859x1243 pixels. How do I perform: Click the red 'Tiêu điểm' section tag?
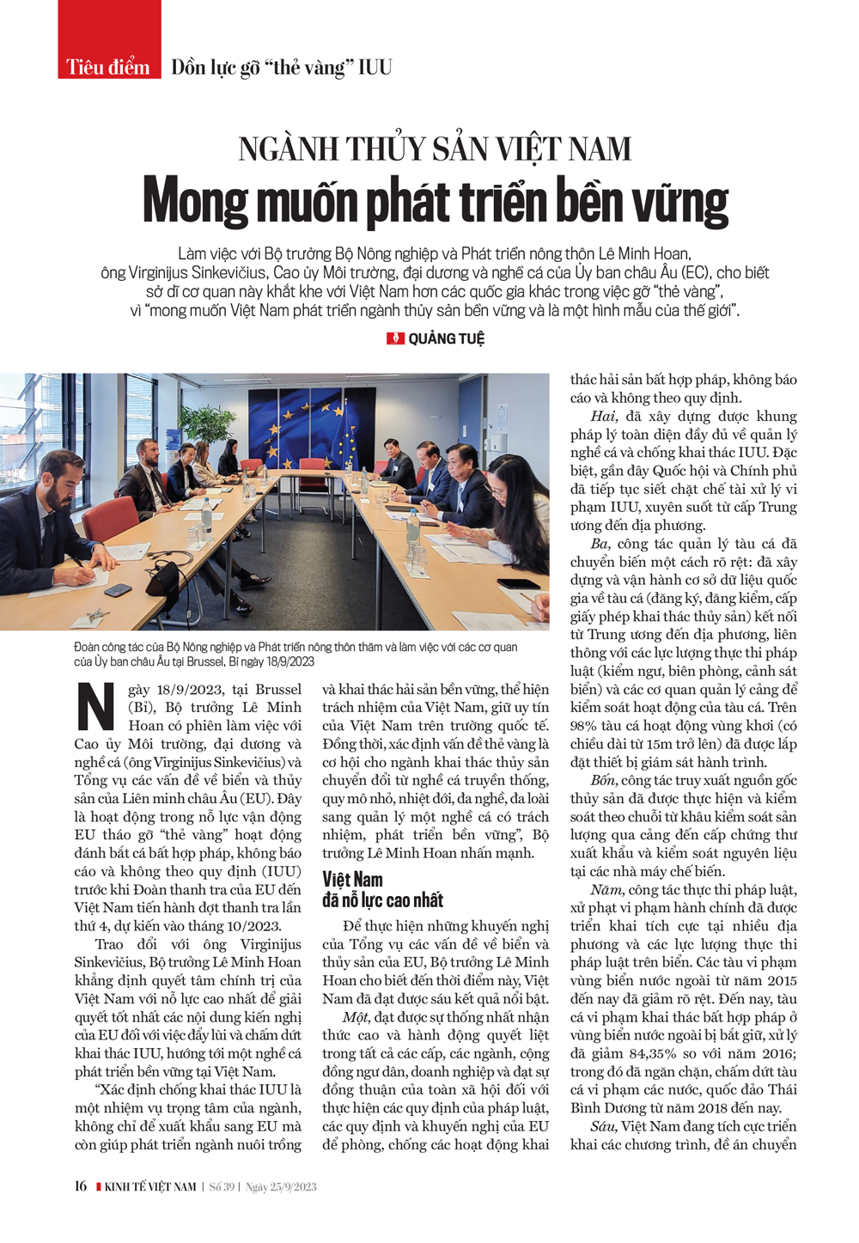tap(108, 67)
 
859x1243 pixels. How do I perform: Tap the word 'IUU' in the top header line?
tap(375, 67)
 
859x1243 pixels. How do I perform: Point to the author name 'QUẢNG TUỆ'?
tap(446, 338)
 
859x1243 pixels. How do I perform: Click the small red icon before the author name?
tap(395, 338)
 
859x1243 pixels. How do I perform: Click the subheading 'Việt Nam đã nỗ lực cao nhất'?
tap(382, 889)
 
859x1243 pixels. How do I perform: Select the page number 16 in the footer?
tap(80, 1186)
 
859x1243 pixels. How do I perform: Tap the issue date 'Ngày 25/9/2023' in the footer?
tap(281, 1187)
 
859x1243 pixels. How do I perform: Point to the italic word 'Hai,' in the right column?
tap(604, 417)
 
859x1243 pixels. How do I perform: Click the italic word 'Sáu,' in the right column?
tap(604, 1126)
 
